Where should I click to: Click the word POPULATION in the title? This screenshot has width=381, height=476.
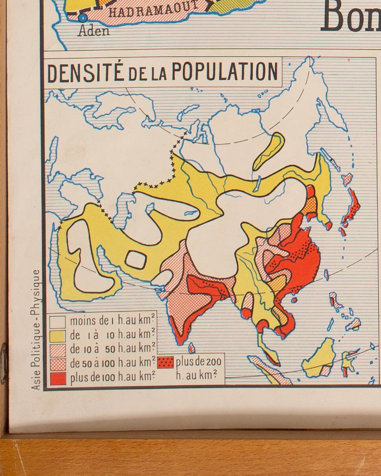225,72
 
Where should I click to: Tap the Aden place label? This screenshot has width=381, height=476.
94,31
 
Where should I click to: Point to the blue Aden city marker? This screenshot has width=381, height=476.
82,17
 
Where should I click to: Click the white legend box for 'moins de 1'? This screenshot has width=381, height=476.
57,322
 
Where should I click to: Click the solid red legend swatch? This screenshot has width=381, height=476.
57,378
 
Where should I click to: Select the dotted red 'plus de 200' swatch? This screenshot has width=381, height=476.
165,362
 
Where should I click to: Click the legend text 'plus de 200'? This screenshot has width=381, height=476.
198,362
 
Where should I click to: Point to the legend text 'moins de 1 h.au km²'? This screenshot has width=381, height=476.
112,321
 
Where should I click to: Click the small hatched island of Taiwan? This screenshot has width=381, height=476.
326,275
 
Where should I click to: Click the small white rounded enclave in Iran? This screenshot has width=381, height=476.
136,259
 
